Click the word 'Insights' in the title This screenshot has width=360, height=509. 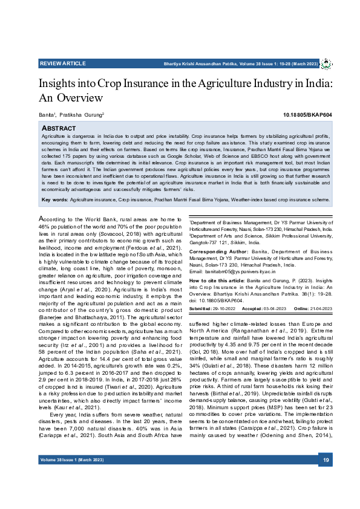58,82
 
